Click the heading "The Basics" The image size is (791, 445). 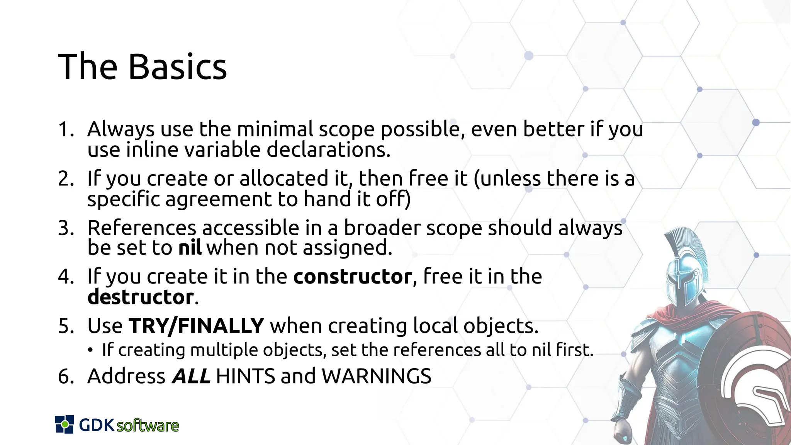click(142, 67)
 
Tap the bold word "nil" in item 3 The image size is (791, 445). click(190, 248)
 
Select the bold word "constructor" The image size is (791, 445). click(353, 277)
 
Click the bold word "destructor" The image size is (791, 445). click(141, 297)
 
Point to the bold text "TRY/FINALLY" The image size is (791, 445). click(197, 326)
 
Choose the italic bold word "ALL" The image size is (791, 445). click(191, 376)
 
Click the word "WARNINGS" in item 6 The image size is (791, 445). click(376, 376)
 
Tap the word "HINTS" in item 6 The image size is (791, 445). click(245, 376)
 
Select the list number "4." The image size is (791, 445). click(66, 277)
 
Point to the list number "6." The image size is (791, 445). click(66, 376)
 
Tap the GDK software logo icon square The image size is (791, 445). click(65, 424)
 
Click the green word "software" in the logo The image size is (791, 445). click(148, 426)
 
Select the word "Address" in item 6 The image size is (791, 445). click(126, 376)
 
